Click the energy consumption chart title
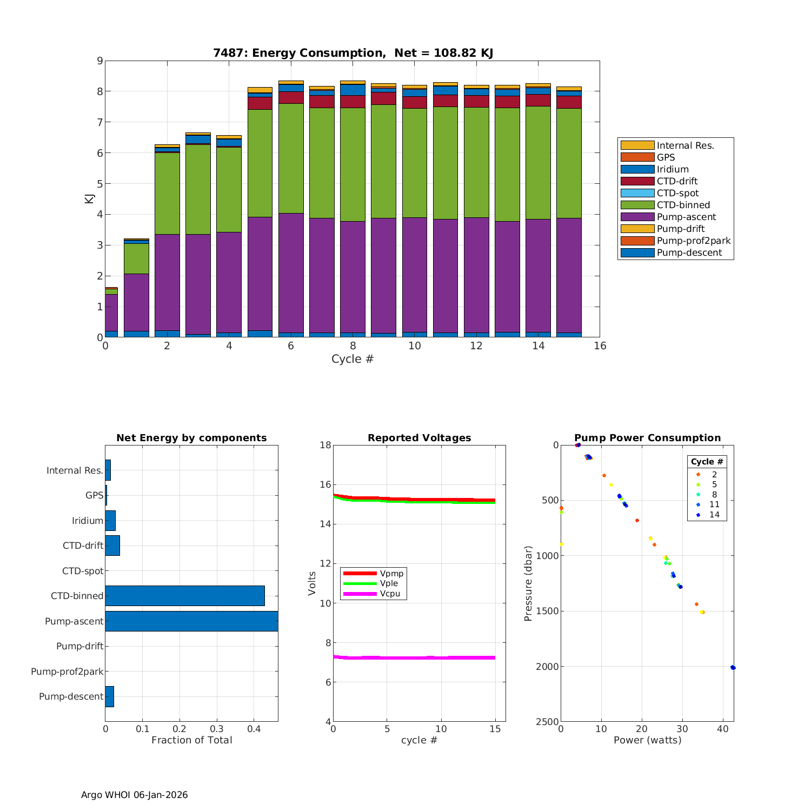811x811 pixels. coord(353,53)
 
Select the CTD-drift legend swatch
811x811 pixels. coord(637,181)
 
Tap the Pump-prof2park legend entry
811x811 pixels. coord(693,241)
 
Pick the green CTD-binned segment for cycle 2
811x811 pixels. coord(167,193)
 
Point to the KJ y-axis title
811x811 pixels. coord(89,199)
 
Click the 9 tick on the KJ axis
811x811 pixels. coord(99,61)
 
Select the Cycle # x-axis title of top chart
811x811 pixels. coord(353,359)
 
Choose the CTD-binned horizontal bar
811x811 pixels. coord(185,596)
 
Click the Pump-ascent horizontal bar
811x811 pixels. coord(191,621)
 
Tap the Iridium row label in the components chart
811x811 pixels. coord(87,521)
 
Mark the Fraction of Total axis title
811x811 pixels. coord(191,740)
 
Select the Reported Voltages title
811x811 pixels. coord(419,438)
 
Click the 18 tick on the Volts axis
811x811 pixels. coord(325,445)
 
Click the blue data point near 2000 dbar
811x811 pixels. coord(733,667)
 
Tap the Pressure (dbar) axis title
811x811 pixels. coord(528,583)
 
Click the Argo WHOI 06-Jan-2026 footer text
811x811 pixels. coord(134,795)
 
